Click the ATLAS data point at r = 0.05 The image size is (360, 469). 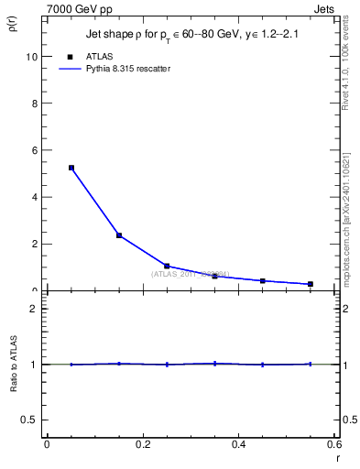point(71,168)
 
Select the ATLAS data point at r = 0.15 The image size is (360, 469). point(119,235)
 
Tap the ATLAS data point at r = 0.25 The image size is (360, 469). point(167,266)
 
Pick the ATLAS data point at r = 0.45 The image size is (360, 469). point(263,280)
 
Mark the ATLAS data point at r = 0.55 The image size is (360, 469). point(311,284)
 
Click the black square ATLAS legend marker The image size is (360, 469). point(71,57)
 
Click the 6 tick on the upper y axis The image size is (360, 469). point(36,150)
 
